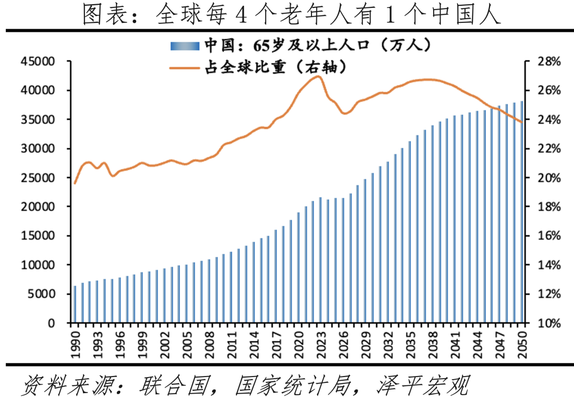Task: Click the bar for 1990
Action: [75, 304]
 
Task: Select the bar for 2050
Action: [522, 212]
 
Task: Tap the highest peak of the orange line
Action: [318, 76]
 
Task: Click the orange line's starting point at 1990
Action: [75, 183]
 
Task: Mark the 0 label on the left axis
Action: [52, 323]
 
